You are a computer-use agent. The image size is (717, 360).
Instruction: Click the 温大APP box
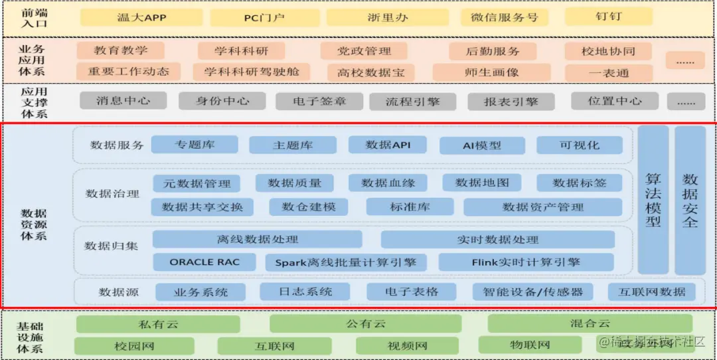pyautogui.click(x=141, y=17)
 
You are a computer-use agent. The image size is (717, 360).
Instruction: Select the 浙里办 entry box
pyautogui.click(x=388, y=17)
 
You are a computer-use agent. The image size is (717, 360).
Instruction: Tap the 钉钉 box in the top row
pyautogui.click(x=608, y=17)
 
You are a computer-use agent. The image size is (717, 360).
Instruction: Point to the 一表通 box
pyautogui.click(x=608, y=72)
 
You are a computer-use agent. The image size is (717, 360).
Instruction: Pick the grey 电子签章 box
pyautogui.click(x=319, y=102)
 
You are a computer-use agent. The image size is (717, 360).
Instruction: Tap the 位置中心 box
pyautogui.click(x=615, y=101)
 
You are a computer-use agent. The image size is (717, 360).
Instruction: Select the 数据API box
pyautogui.click(x=388, y=145)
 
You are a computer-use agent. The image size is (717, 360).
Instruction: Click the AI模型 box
pyautogui.click(x=482, y=145)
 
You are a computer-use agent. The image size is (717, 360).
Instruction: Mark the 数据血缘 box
pyautogui.click(x=388, y=183)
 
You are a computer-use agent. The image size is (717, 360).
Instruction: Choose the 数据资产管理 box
pyautogui.click(x=542, y=207)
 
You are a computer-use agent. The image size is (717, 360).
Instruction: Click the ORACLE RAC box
pyautogui.click(x=204, y=262)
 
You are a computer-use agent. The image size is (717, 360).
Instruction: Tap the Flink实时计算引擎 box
pyautogui.click(x=526, y=262)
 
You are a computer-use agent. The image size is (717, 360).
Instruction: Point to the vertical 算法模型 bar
pyautogui.click(x=653, y=199)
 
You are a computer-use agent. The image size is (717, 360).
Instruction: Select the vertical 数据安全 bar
pyautogui.click(x=690, y=199)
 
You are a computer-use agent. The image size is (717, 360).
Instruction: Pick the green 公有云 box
pyautogui.click(x=365, y=324)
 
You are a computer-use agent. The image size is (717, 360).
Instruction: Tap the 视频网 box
pyautogui.click(x=408, y=346)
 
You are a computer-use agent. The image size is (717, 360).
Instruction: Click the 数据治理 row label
pyautogui.click(x=112, y=194)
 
